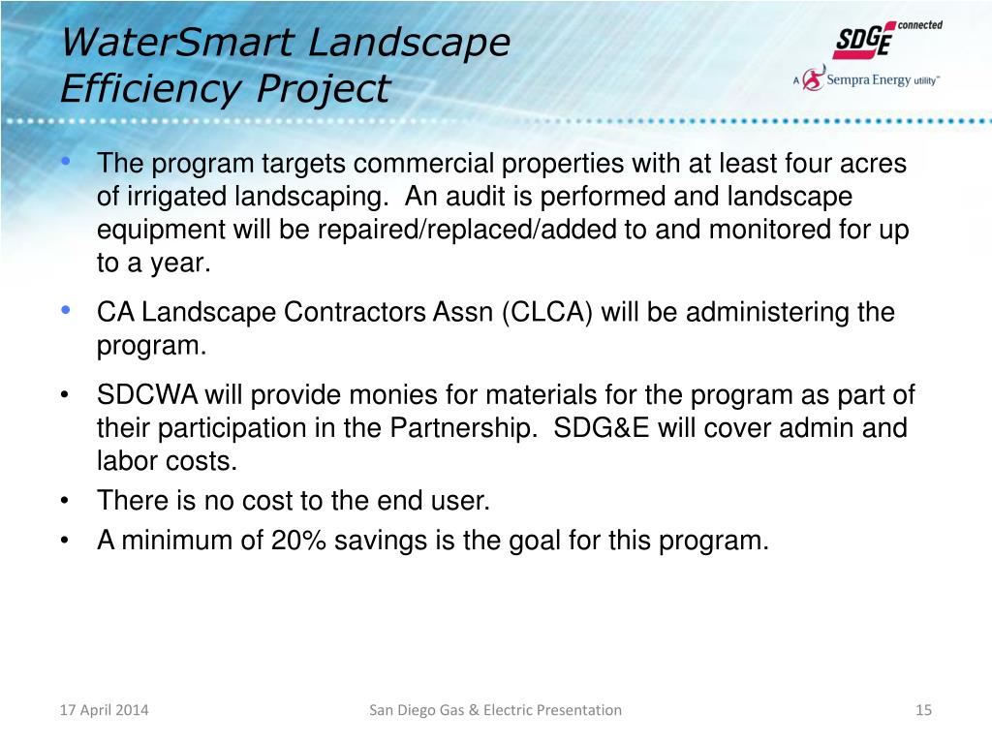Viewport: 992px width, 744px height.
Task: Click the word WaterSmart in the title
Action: [177, 43]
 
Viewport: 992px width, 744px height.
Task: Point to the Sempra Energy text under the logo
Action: [868, 79]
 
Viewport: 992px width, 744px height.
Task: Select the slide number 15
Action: [923, 710]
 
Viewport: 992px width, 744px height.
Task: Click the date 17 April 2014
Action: [105, 710]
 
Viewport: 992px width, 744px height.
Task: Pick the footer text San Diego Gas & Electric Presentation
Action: [495, 710]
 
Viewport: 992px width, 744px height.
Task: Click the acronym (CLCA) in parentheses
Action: [547, 313]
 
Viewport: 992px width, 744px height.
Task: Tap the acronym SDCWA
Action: [147, 395]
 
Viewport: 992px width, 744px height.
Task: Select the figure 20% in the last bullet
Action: [298, 541]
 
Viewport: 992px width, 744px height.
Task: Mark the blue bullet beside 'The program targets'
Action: [66, 162]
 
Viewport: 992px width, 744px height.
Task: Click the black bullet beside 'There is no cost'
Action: [65, 501]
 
